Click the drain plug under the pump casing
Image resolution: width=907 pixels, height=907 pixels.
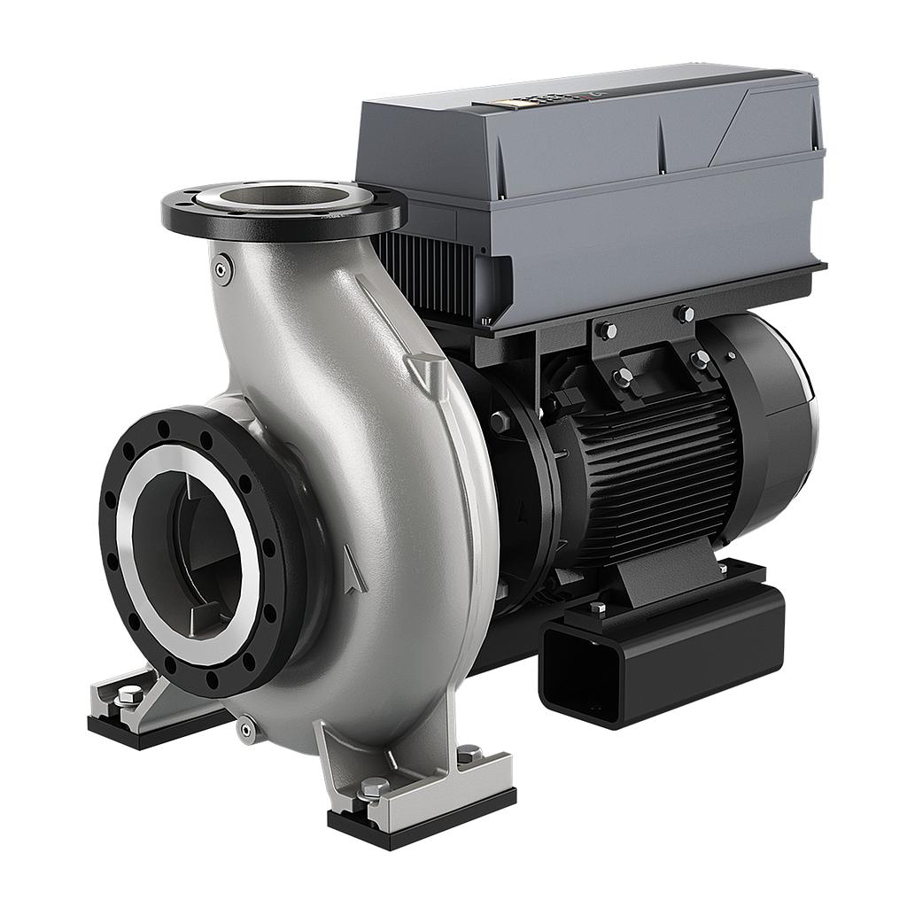(x=247, y=729)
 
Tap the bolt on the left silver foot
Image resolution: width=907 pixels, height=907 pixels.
(x=128, y=696)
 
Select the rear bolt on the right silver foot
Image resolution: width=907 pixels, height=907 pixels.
(x=469, y=754)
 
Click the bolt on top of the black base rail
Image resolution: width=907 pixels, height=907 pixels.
(x=598, y=609)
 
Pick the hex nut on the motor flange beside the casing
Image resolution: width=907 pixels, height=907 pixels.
(x=500, y=422)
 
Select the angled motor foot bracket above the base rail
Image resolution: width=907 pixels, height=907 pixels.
(x=664, y=577)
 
